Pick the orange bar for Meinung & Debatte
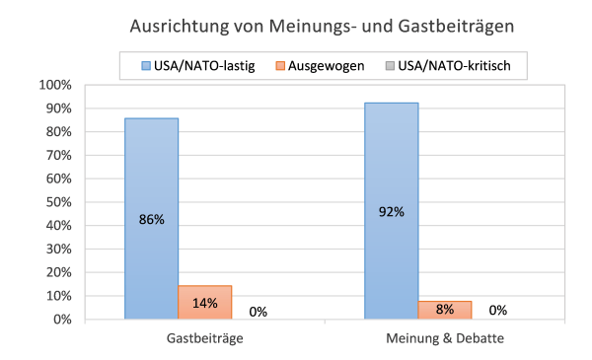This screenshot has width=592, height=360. click(x=445, y=310)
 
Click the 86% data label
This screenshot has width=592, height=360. click(x=151, y=220)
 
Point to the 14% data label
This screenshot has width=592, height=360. click(x=204, y=303)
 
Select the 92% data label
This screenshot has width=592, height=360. click(x=392, y=211)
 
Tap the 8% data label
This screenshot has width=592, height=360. click(x=445, y=310)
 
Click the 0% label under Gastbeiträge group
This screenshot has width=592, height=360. click(x=259, y=311)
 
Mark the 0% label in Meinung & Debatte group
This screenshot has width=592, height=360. click(x=498, y=310)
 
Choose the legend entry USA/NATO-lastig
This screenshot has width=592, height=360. click(x=190, y=67)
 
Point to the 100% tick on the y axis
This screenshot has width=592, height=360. click(x=55, y=85)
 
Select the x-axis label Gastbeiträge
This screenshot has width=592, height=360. click(x=204, y=338)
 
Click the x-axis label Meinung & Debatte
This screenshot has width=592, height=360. click(x=445, y=338)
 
